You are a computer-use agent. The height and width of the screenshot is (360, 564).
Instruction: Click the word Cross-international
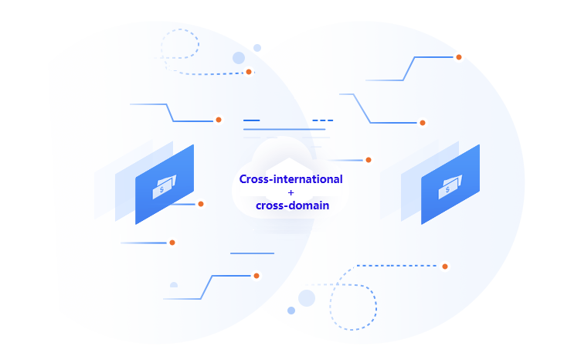290,179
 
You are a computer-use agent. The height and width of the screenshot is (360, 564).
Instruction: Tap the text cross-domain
293,205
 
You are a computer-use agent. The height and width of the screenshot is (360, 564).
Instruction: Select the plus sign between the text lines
290,193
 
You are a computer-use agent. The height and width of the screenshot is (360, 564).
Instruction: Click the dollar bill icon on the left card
165,187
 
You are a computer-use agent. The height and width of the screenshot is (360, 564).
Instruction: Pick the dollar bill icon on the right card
450,187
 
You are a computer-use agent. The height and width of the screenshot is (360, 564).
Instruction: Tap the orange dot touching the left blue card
201,204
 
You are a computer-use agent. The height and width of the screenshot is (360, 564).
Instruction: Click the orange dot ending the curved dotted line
249,72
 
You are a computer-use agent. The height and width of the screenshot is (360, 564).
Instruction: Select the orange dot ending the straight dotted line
445,267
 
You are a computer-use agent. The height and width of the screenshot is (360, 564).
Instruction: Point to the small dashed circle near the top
179,44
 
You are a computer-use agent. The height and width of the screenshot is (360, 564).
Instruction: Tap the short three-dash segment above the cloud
323,121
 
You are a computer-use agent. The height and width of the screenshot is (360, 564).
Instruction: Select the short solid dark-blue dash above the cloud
251,121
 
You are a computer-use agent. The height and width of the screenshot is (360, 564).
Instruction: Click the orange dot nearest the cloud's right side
369,160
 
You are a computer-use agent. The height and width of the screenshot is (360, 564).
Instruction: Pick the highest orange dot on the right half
459,57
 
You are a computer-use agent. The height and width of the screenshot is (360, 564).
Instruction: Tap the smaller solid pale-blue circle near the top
257,48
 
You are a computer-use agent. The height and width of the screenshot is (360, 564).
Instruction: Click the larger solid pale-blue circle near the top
239,58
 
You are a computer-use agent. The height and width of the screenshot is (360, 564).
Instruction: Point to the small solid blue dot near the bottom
291,311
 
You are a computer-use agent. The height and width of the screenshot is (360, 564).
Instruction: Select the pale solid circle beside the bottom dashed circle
307,298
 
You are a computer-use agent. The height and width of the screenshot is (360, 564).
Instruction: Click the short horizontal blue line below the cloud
252,253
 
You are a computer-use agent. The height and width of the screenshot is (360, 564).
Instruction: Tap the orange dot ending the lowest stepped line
257,276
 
